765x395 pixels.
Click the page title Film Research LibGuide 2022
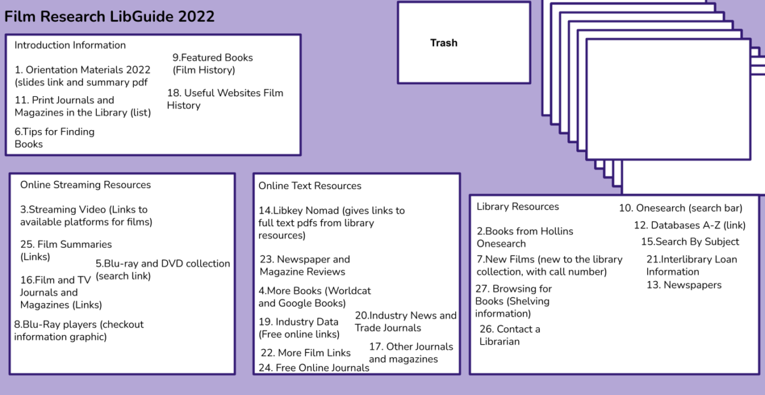[x=109, y=17]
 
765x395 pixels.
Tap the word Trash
[x=444, y=43]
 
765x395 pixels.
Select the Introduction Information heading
[x=70, y=45]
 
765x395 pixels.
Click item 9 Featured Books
[x=212, y=64]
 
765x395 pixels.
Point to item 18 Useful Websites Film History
[x=224, y=99]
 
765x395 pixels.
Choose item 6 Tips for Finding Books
[x=54, y=138]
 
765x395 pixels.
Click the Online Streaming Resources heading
[x=85, y=185]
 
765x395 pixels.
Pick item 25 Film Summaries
[x=66, y=250]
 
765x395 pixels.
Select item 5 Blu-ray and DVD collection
[x=163, y=269]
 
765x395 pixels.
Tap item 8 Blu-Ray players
[x=78, y=330]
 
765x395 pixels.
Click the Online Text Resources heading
[x=310, y=186]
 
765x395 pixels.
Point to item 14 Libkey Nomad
[x=331, y=222]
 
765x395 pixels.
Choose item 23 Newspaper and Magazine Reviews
[x=304, y=265]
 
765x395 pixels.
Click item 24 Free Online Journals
[x=314, y=368]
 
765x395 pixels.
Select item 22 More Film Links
[x=305, y=352]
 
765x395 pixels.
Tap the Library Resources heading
[x=518, y=206]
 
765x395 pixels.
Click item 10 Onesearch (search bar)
[x=680, y=208]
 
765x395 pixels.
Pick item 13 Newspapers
[x=684, y=285]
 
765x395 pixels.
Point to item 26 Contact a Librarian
[x=509, y=335]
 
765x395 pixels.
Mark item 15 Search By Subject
[x=690, y=241]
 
